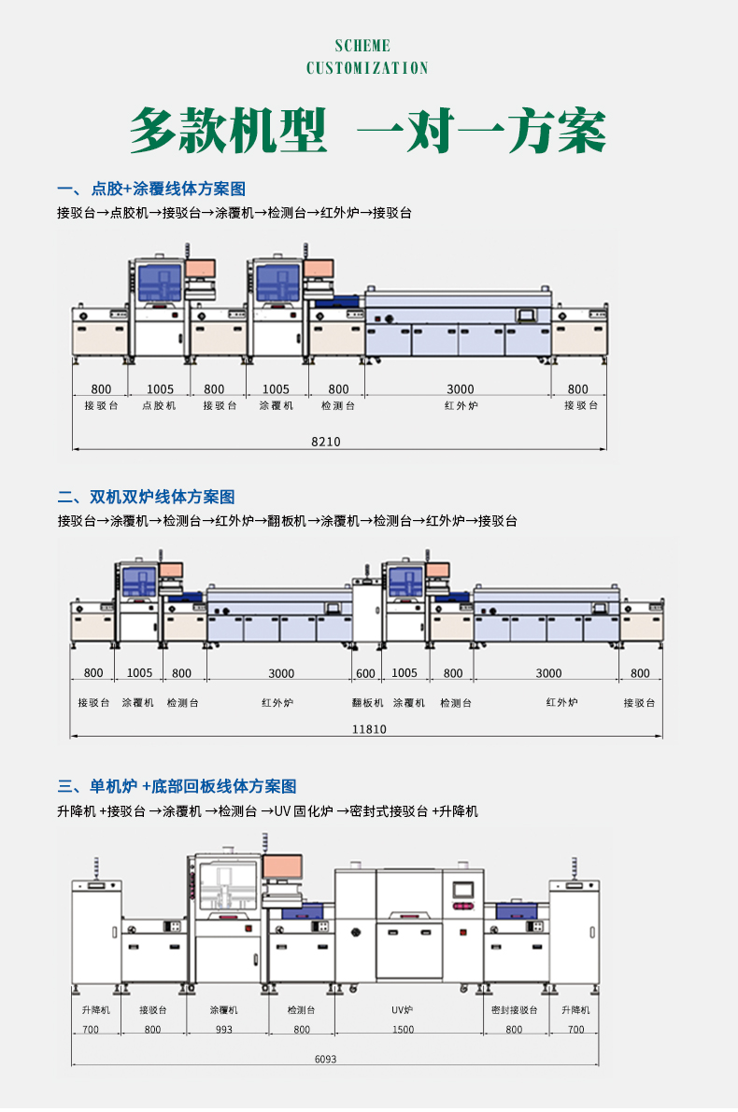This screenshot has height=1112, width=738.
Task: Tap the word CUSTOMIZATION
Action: click(368, 68)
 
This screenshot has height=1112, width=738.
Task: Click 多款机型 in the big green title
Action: click(229, 131)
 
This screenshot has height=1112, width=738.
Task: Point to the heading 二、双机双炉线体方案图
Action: click(146, 497)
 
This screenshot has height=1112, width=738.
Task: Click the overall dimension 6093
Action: click(325, 1059)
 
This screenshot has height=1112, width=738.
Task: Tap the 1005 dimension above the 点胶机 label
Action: click(160, 389)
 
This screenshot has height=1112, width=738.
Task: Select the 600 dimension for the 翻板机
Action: click(365, 673)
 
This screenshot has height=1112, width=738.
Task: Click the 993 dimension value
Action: click(224, 1029)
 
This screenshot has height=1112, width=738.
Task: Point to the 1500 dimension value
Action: click(403, 1029)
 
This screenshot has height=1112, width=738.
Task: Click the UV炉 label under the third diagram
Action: click(403, 1010)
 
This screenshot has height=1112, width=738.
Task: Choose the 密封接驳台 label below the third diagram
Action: click(515, 1010)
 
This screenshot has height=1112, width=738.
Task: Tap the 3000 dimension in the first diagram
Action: click(460, 389)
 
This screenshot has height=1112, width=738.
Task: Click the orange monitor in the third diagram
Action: click(280, 866)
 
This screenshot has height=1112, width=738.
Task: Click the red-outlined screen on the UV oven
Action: click(463, 889)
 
